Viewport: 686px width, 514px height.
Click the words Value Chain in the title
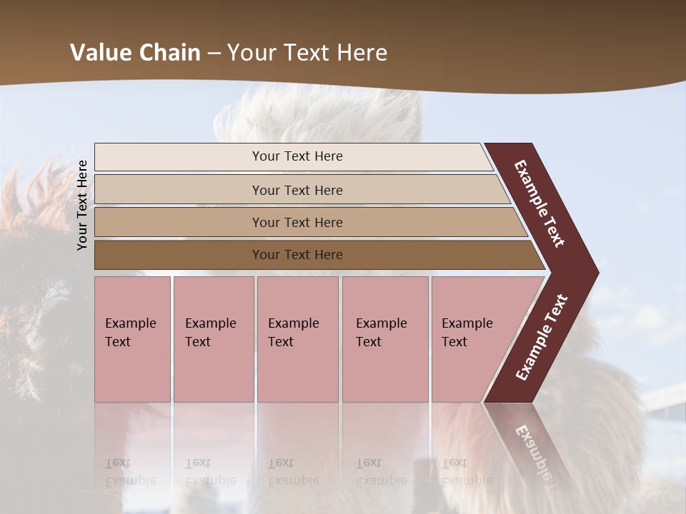[x=135, y=53]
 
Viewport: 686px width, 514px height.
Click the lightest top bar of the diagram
[x=179, y=157]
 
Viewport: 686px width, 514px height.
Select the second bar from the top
[x=179, y=190]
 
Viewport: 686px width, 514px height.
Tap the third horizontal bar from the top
[x=179, y=222]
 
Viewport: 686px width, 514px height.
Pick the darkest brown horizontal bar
[x=179, y=255]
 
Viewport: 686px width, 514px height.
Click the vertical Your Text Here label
[x=82, y=205]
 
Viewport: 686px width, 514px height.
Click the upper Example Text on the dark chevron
[x=540, y=203]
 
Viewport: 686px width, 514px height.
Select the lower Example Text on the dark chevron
[x=542, y=337]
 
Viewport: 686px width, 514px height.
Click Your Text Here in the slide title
[x=307, y=53]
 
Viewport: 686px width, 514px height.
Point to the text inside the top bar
[x=297, y=156]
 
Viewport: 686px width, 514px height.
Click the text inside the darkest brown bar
[x=297, y=255]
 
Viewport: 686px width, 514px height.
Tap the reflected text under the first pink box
[x=130, y=473]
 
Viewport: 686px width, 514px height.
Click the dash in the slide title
[x=214, y=53]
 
